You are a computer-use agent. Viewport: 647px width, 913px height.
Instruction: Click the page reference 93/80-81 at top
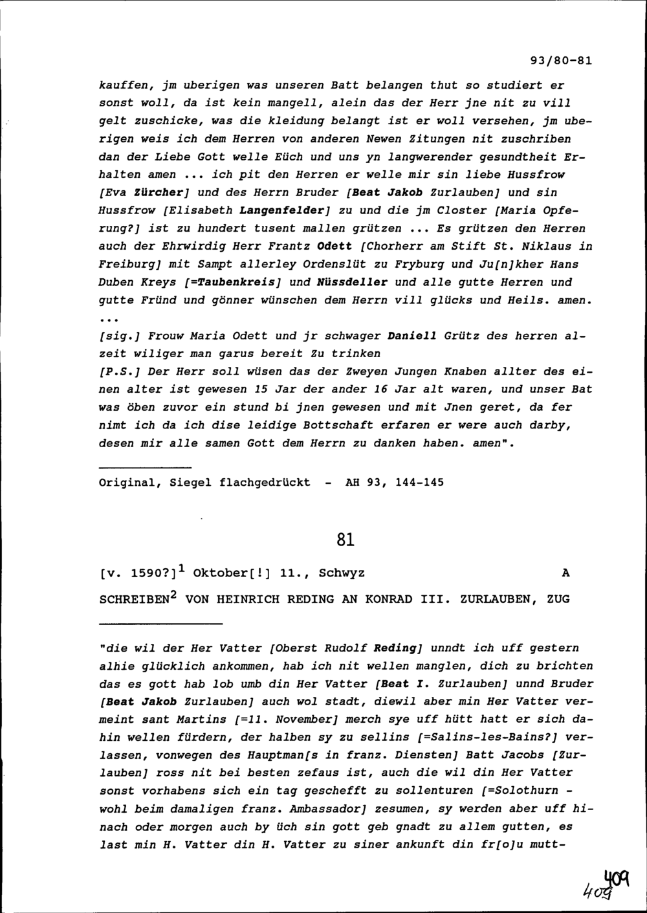(560, 61)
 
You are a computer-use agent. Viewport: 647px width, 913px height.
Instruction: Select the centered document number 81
(345, 540)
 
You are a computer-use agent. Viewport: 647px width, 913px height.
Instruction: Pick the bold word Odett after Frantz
(334, 247)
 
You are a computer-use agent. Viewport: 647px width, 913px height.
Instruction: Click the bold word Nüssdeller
(352, 282)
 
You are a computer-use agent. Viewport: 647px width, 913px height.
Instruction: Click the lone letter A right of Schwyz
(565, 573)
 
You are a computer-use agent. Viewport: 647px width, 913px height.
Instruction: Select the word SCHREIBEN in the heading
(133, 600)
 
